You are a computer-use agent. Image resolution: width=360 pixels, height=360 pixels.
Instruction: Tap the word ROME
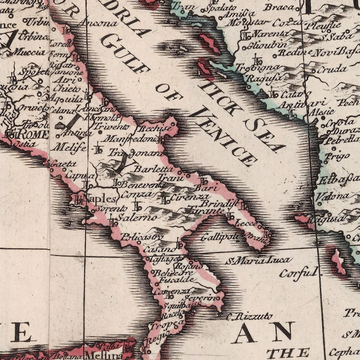[32, 135]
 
